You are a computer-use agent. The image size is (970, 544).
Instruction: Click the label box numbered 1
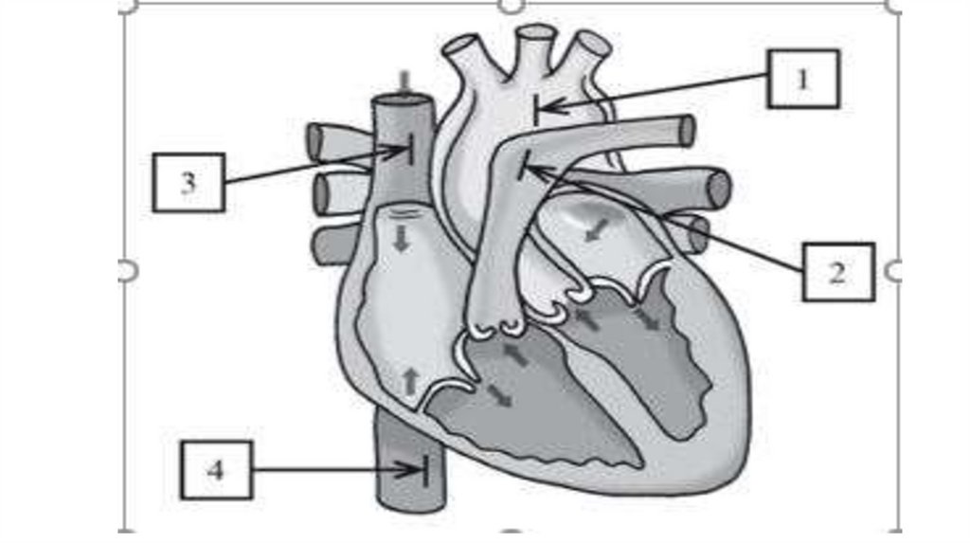click(802, 79)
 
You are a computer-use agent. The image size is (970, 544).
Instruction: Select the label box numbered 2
click(837, 272)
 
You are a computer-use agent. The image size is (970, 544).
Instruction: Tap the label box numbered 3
click(189, 182)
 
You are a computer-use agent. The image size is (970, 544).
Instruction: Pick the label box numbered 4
click(217, 469)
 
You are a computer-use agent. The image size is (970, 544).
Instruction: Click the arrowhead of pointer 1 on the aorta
click(542, 108)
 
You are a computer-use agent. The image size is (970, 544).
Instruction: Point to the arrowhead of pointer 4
click(419, 469)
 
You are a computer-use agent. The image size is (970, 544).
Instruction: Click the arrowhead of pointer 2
click(530, 170)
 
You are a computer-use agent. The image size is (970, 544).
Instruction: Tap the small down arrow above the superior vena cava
click(404, 82)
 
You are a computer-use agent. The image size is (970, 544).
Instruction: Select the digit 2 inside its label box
click(837, 272)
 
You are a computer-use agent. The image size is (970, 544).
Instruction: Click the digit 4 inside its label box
click(217, 469)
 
